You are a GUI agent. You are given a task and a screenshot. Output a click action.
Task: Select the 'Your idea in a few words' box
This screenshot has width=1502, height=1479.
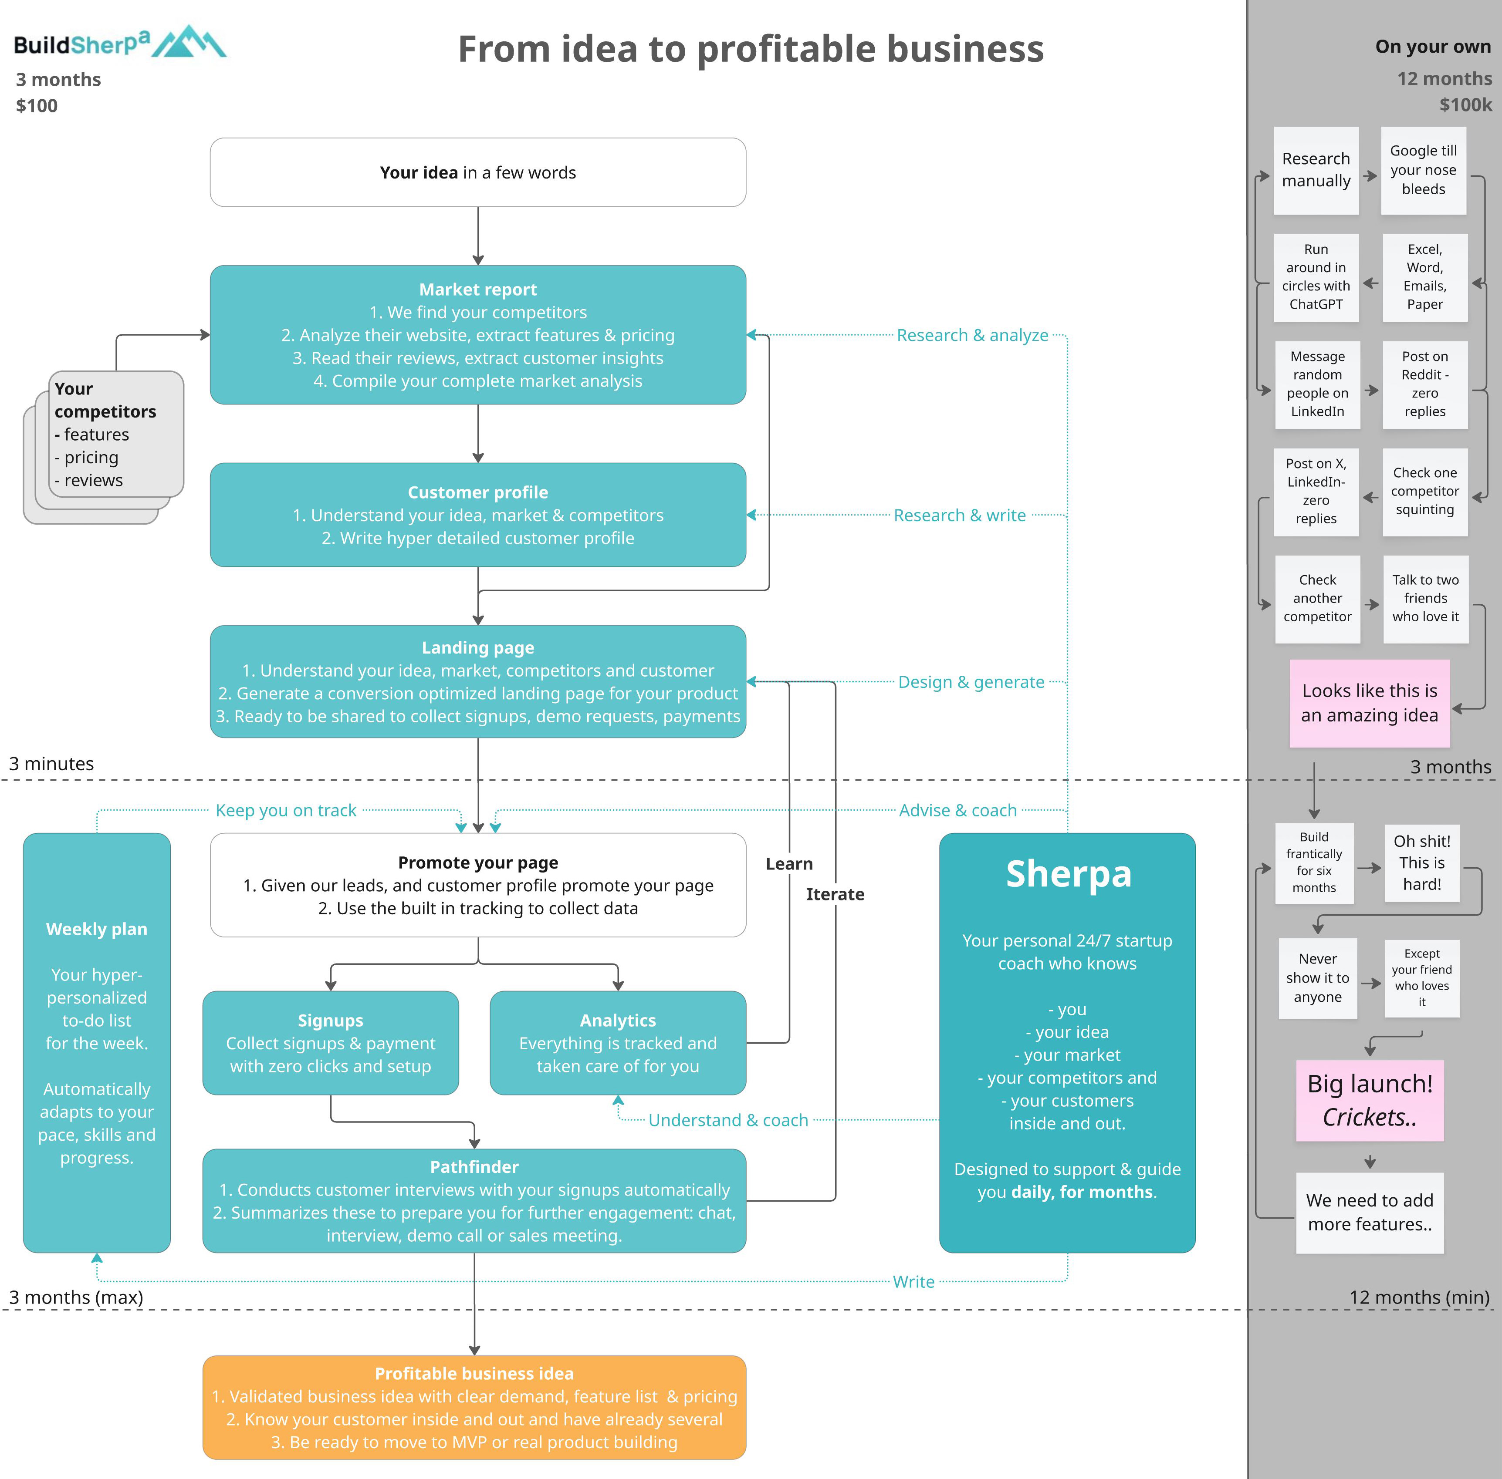478,172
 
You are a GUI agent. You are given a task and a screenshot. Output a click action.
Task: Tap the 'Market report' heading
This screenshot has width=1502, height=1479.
478,290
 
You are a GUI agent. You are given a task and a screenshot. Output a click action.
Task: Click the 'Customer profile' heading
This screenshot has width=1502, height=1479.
478,492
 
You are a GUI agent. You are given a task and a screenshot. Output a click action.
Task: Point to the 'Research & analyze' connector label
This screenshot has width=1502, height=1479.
972,336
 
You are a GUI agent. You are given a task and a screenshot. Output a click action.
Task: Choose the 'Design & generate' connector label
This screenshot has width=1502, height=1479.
971,682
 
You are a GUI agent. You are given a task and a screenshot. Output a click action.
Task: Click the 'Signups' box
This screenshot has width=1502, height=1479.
330,1042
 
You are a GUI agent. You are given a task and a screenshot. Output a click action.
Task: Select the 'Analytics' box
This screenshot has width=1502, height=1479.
618,1042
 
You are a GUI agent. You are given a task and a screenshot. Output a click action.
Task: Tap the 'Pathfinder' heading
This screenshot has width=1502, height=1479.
474,1167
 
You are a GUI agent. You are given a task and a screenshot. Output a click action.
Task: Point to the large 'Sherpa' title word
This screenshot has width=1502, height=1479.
1069,874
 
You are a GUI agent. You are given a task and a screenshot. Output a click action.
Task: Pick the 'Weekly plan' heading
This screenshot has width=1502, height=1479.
96,929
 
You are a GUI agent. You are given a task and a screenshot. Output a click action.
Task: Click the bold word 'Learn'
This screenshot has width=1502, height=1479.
789,864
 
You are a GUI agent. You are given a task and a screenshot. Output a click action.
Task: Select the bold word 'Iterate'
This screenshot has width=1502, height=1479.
836,894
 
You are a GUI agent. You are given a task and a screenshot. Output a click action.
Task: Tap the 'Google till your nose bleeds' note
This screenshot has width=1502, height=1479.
1424,170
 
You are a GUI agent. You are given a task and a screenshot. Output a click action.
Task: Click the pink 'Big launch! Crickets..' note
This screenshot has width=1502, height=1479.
1370,1101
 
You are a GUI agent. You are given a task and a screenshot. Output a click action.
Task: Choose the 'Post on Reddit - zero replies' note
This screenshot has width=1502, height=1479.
1425,384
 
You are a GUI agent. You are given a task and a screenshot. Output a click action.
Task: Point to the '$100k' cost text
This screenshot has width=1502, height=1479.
1465,105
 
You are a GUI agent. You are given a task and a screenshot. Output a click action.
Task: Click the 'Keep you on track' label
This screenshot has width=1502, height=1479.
286,810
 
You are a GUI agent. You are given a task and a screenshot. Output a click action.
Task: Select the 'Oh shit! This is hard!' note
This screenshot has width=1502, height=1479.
1422,863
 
